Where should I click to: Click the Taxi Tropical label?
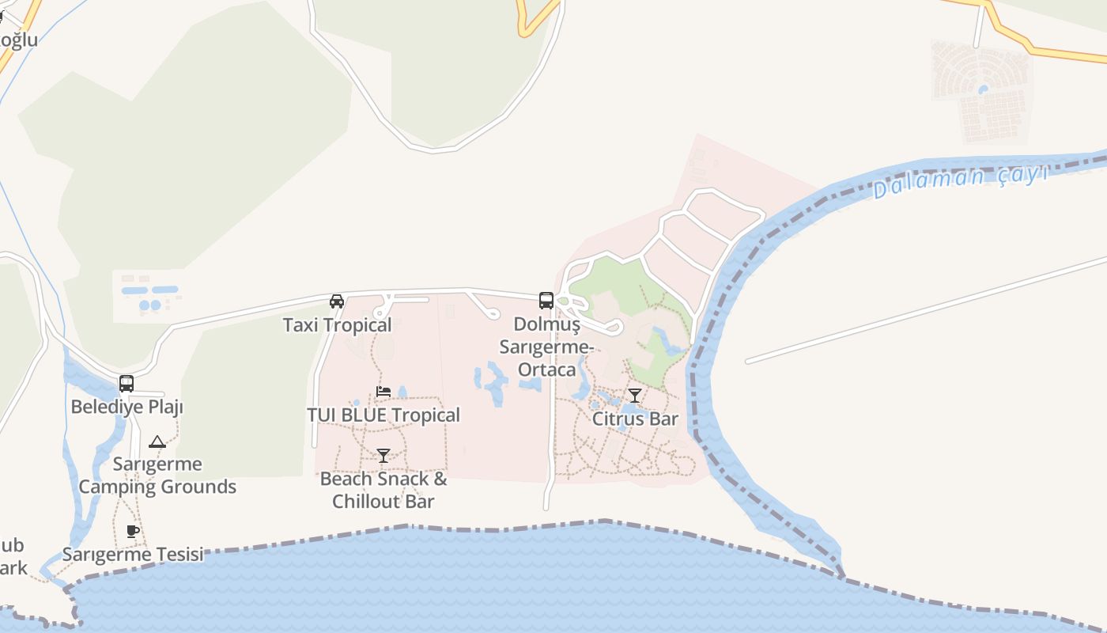(337, 325)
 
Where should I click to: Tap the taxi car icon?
(337, 301)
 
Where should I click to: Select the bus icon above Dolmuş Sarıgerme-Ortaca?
(546, 300)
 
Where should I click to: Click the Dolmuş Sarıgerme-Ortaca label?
(546, 347)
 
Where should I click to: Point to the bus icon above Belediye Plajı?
(127, 384)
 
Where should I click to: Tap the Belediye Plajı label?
(127, 407)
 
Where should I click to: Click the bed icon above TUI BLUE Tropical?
(383, 392)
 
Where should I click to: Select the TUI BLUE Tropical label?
(383, 415)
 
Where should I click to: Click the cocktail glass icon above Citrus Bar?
(635, 395)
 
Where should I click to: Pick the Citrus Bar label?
(636, 419)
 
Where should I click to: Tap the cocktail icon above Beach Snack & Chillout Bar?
(383, 455)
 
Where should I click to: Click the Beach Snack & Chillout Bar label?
(383, 490)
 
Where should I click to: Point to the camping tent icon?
(157, 442)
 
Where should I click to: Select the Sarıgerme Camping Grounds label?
(157, 475)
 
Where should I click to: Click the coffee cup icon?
(133, 531)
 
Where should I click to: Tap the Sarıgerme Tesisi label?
(133, 554)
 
